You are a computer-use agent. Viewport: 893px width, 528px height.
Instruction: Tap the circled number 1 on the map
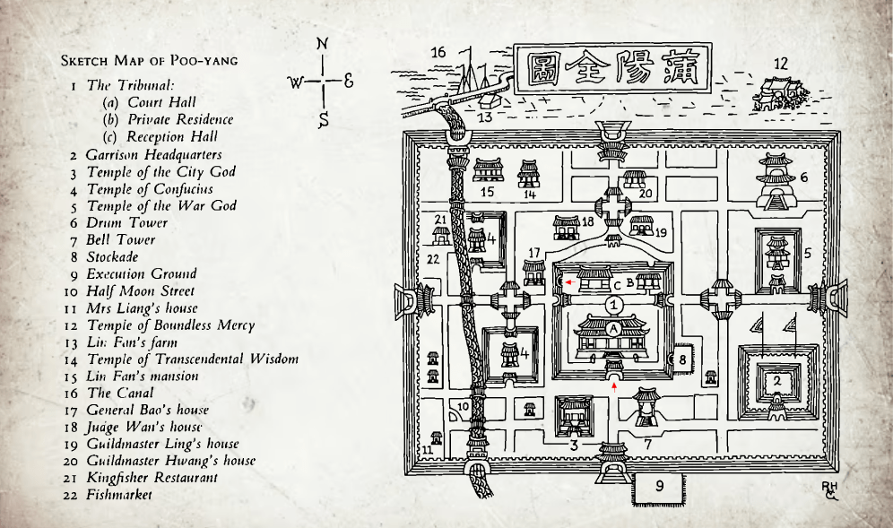613,304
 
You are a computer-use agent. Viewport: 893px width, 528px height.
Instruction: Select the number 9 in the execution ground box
658,486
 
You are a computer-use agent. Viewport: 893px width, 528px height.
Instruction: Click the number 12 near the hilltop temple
781,64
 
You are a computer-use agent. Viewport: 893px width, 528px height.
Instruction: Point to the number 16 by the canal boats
438,52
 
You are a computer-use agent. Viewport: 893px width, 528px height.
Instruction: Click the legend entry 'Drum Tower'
126,222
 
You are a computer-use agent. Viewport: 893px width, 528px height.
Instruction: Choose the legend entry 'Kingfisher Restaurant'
152,478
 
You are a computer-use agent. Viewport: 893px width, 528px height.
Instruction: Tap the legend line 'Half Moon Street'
140,290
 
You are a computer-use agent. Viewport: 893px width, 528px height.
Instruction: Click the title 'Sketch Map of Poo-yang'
149,61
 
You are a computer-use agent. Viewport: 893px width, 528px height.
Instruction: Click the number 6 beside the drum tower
803,177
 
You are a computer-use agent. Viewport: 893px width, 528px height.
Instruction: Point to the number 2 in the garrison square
776,380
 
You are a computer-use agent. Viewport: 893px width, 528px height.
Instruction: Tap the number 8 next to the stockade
682,359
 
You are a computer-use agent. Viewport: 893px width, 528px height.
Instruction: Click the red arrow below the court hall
613,386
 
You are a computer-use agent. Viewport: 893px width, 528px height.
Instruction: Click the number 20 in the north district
646,192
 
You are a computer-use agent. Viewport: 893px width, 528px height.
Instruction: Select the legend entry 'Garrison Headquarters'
153,154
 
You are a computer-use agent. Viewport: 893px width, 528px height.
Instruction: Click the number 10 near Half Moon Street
464,406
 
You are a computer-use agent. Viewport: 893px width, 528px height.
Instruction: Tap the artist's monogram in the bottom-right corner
830,489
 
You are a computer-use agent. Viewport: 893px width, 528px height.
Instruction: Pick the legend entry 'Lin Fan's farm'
132,342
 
